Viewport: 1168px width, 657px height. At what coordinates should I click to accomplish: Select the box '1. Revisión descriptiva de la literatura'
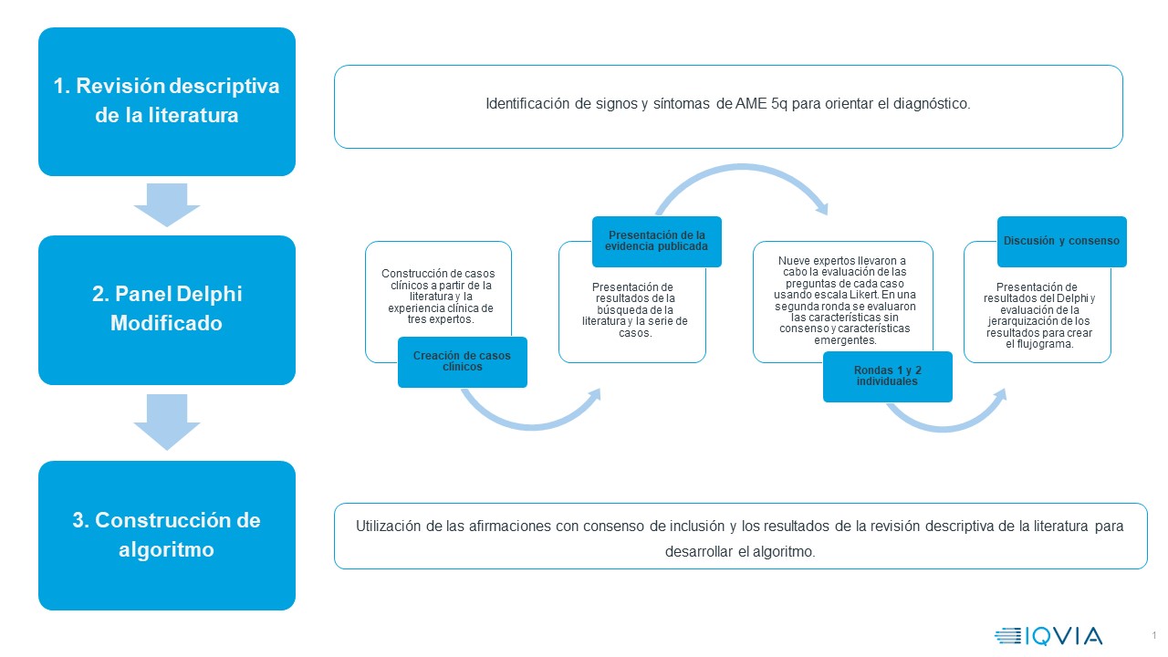[167, 101]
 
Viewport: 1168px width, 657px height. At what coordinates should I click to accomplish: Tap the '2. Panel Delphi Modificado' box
[167, 309]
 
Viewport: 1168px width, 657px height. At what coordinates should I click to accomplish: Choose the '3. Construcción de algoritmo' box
[167, 535]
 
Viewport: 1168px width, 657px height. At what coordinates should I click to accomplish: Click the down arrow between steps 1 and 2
[167, 204]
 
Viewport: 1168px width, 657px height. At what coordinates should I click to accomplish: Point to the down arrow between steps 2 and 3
[167, 422]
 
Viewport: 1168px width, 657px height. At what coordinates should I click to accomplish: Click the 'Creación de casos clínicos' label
[462, 361]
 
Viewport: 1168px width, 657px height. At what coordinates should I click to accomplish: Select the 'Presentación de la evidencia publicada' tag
[657, 241]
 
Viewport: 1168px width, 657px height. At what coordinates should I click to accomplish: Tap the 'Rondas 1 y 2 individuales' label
[887, 376]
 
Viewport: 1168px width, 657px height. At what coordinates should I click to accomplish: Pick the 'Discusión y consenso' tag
[1061, 241]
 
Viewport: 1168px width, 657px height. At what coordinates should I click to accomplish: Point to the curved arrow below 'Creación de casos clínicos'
[529, 415]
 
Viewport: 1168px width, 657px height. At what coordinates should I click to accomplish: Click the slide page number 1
[1153, 635]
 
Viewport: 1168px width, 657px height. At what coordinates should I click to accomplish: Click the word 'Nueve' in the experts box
[793, 261]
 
